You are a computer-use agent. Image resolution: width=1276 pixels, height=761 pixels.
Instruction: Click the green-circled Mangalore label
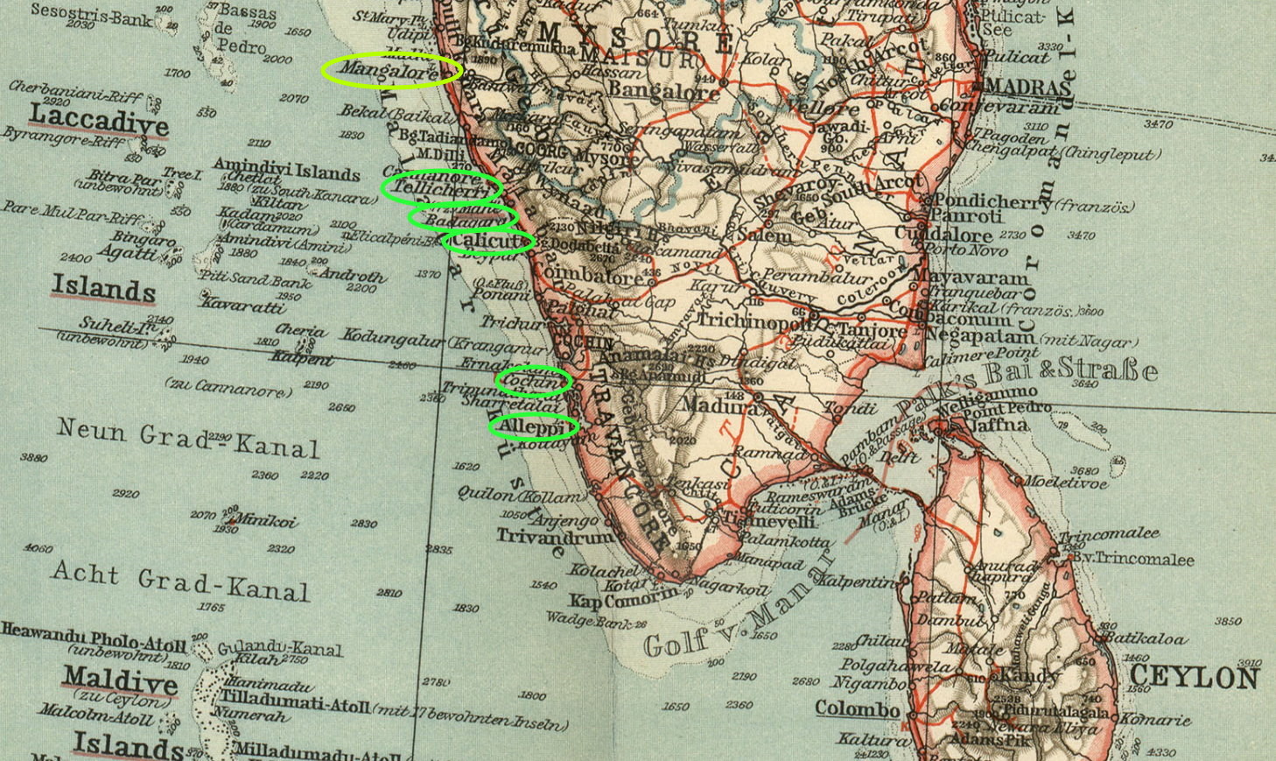pyautogui.click(x=390, y=70)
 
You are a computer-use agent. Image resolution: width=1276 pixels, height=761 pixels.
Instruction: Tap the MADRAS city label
pyautogui.click(x=1027, y=87)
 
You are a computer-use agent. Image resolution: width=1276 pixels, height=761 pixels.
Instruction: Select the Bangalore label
pyautogui.click(x=664, y=90)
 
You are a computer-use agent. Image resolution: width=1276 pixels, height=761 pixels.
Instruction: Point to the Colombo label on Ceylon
pyautogui.click(x=857, y=708)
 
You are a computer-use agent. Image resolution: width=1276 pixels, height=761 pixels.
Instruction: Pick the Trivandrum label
pyautogui.click(x=555, y=536)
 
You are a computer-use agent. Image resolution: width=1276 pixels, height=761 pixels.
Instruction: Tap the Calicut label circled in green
pyautogui.click(x=488, y=240)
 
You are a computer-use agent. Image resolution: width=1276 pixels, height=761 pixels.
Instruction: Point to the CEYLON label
pyautogui.click(x=1194, y=677)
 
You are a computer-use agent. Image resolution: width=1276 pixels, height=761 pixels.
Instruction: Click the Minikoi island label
pyautogui.click(x=266, y=521)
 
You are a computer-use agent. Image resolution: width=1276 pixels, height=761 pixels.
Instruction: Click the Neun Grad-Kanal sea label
pyautogui.click(x=188, y=439)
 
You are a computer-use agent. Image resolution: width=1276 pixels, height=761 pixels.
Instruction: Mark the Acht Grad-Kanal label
pyautogui.click(x=180, y=581)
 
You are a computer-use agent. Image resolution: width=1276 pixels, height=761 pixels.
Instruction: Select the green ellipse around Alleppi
pyautogui.click(x=533, y=427)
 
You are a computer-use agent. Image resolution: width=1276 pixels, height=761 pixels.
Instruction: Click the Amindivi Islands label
pyautogui.click(x=286, y=169)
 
